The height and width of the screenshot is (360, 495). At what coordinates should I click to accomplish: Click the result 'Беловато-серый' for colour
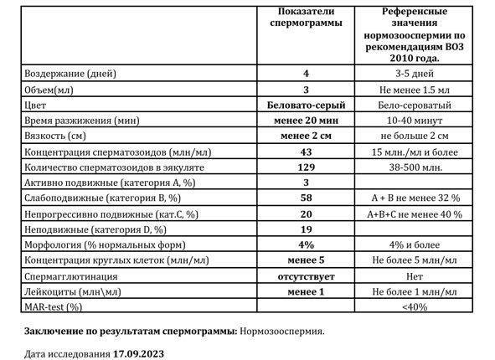(x=307, y=104)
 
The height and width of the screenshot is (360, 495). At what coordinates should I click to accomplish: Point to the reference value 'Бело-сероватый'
(x=415, y=104)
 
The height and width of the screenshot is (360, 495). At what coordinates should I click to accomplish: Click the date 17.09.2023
(x=138, y=352)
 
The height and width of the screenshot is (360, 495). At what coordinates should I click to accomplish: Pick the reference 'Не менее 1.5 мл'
(x=415, y=89)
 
